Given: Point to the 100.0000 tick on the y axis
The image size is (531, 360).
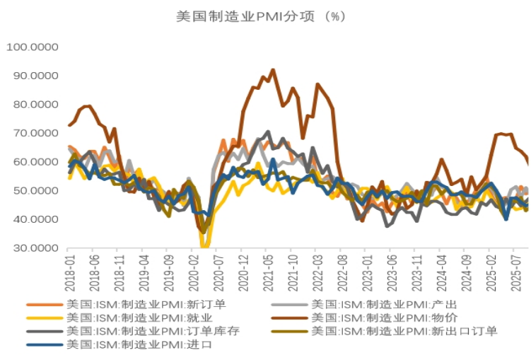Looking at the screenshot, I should [33, 47].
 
